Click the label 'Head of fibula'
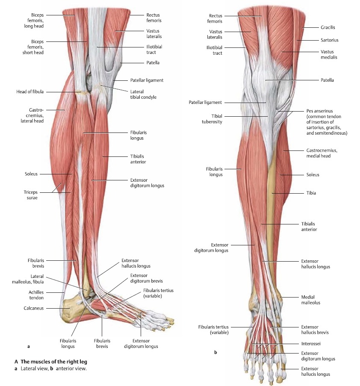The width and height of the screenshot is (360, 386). (30, 91)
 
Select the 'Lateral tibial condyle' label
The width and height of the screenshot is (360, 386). (143, 94)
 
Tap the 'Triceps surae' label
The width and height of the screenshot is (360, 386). (31, 195)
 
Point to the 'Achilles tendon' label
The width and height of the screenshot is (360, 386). (36, 295)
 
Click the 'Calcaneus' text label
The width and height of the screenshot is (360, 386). (33, 308)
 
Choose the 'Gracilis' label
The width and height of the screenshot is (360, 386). (328, 27)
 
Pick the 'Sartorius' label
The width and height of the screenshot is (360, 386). (330, 40)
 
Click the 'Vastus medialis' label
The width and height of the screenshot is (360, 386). (329, 54)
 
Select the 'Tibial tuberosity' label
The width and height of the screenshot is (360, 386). (212, 119)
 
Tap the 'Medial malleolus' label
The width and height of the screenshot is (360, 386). (311, 300)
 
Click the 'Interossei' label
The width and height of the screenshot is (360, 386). (311, 344)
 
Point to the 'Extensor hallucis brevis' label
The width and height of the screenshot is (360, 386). (315, 330)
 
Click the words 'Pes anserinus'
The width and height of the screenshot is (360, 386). (320, 111)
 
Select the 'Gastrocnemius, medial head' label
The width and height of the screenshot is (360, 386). (322, 153)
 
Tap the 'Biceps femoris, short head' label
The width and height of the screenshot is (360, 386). (33, 47)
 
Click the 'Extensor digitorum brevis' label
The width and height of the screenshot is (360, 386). (147, 278)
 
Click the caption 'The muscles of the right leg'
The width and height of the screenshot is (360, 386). (54, 362)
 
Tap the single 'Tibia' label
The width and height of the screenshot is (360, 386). (311, 193)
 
